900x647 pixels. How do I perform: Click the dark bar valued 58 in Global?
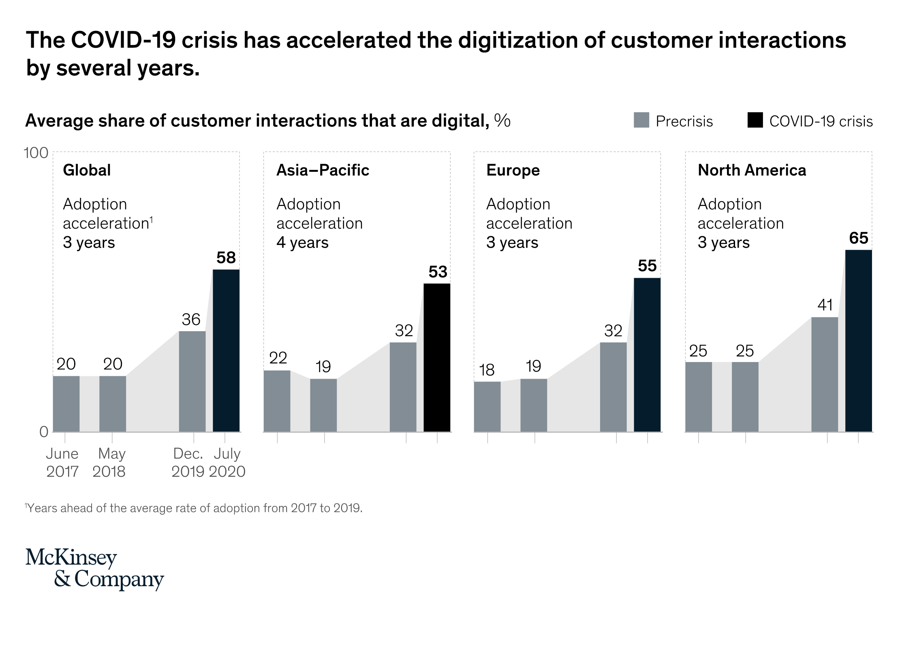point(226,350)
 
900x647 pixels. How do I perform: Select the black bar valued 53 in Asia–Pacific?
point(437,357)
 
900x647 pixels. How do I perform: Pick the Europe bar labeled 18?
point(487,406)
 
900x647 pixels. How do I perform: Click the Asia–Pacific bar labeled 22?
point(277,401)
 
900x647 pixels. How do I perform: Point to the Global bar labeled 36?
point(192,381)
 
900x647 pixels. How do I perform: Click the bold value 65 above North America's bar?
point(858,238)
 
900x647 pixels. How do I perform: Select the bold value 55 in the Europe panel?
point(647,266)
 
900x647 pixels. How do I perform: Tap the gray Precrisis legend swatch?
point(641,120)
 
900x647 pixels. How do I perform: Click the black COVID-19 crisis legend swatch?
point(755,120)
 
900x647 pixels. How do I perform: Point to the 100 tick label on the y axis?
point(36,153)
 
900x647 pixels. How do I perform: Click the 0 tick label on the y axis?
point(44,432)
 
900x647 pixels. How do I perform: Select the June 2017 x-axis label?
point(62,463)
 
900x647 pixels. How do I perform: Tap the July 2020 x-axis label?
point(227,463)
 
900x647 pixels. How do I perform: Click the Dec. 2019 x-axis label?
point(188,463)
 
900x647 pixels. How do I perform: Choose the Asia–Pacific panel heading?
point(323,170)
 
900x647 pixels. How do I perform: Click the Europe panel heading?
point(513,170)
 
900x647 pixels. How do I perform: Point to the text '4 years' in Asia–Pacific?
point(302,243)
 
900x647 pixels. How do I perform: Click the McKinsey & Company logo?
point(94,568)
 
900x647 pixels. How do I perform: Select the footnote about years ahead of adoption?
point(194,508)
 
